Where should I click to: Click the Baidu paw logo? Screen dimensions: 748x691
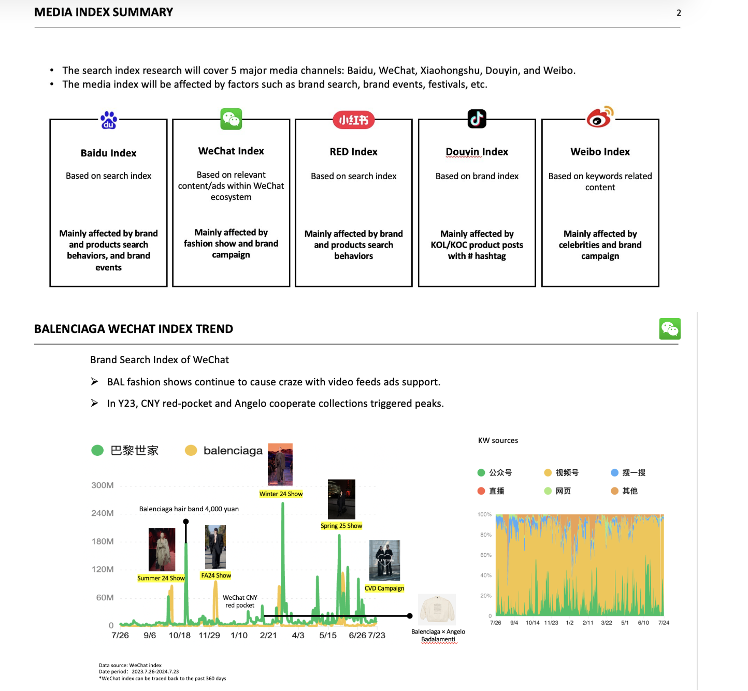109,120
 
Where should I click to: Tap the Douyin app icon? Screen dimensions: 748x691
477,119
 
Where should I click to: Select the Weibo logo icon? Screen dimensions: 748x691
600,117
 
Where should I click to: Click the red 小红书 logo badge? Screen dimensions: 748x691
353,120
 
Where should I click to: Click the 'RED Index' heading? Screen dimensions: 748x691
353,152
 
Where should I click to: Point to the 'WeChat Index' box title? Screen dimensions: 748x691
231,151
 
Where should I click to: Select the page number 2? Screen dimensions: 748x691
679,13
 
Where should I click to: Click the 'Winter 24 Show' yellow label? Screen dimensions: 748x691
281,494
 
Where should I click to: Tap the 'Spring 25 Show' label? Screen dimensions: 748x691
341,526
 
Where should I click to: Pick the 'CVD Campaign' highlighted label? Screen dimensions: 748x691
384,588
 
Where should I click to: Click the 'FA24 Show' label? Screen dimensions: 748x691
216,575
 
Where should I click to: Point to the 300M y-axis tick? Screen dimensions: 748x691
103,485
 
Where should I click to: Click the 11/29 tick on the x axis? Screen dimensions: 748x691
209,636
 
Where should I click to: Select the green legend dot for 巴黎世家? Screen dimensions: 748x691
97,451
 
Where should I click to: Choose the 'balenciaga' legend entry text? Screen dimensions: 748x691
233,451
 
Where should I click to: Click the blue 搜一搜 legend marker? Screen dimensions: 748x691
614,472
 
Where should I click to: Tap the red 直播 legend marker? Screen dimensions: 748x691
481,491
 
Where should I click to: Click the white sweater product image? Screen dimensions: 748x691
437,609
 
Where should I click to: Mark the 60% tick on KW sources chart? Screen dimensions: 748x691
486,555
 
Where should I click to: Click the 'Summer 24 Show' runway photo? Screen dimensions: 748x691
162,550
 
